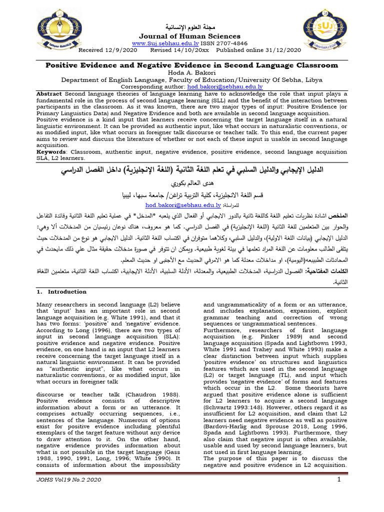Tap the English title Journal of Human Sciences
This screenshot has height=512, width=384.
click(x=189, y=36)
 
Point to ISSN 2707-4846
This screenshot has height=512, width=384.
click(x=228, y=43)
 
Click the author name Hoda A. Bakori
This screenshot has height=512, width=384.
click(x=192, y=72)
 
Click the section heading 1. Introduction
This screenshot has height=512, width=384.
click(x=61, y=291)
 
